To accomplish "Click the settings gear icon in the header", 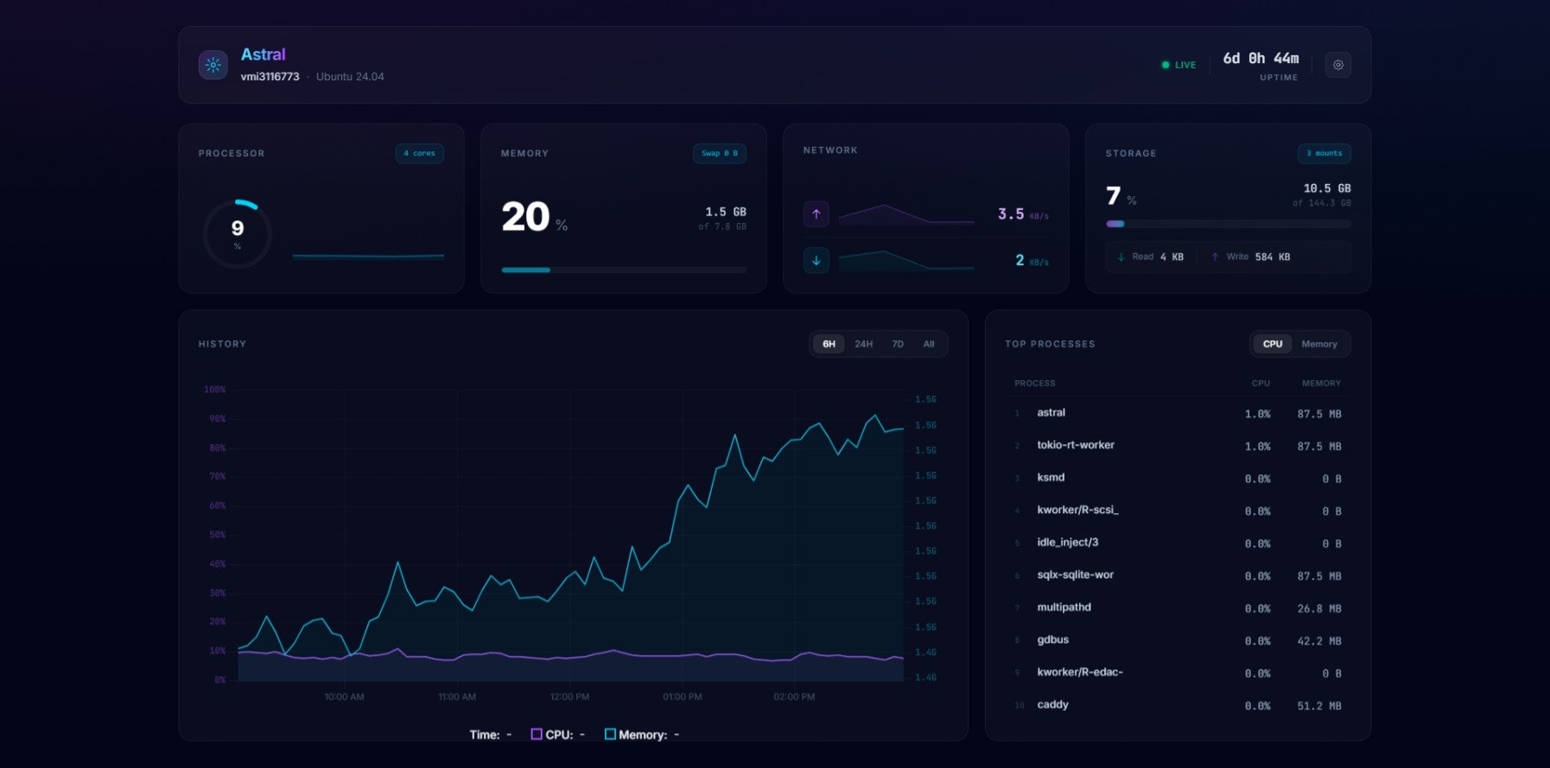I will pyautogui.click(x=1338, y=65).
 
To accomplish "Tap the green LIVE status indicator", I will pyautogui.click(x=1179, y=65).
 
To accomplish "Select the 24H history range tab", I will pyautogui.click(x=863, y=344).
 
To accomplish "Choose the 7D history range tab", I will pyautogui.click(x=898, y=344).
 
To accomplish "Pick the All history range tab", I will pyautogui.click(x=929, y=344).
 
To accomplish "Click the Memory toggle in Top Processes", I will pyautogui.click(x=1318, y=344).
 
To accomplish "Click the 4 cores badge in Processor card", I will pyautogui.click(x=420, y=154).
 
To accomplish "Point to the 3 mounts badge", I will pyautogui.click(x=1324, y=154).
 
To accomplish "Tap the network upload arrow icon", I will pyautogui.click(x=816, y=214).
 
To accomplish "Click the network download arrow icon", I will pyautogui.click(x=816, y=260).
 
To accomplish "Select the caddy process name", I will pyautogui.click(x=1052, y=705).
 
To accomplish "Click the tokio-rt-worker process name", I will pyautogui.click(x=1076, y=445).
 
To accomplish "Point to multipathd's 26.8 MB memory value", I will pyautogui.click(x=1318, y=609).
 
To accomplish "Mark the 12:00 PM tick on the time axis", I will pyautogui.click(x=569, y=697).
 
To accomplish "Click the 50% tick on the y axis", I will pyautogui.click(x=217, y=535).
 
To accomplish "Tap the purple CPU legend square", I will pyautogui.click(x=537, y=734).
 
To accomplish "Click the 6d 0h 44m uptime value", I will pyautogui.click(x=1261, y=59).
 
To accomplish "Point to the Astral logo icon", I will pyautogui.click(x=213, y=65).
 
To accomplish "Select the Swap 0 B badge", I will pyautogui.click(x=720, y=154).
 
